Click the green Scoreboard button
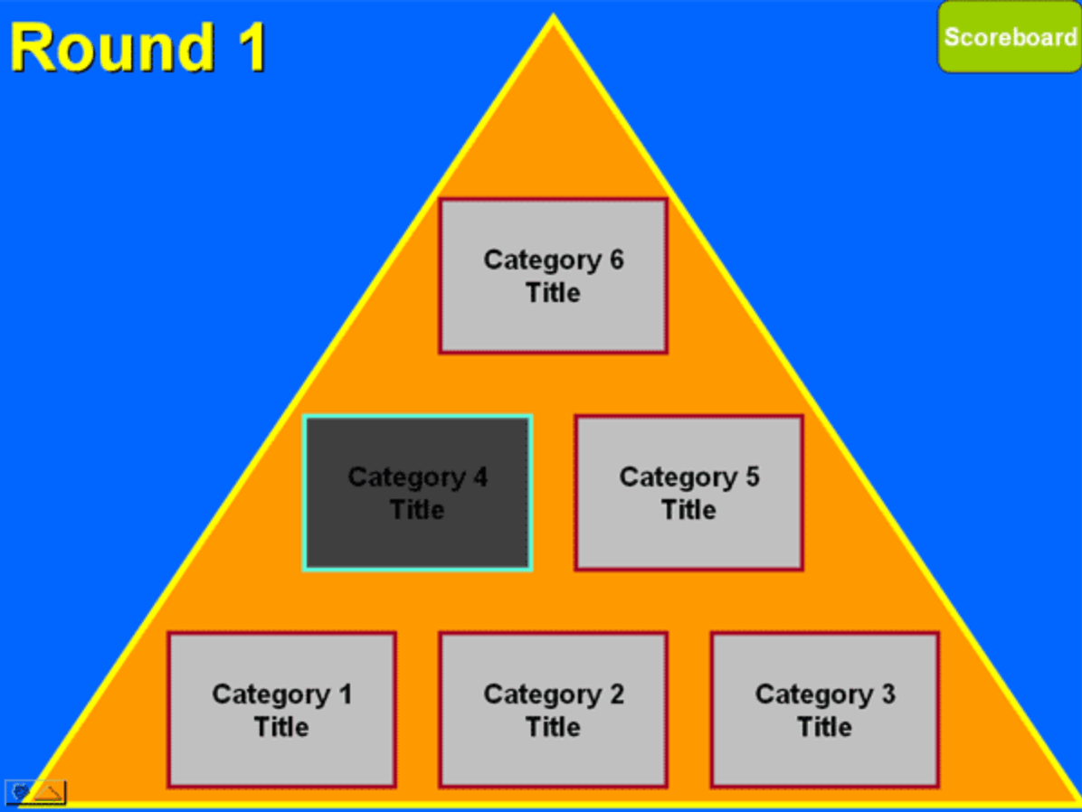tap(1009, 37)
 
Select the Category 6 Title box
tap(553, 276)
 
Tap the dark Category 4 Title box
tap(417, 493)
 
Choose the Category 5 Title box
tap(688, 493)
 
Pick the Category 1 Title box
tap(281, 710)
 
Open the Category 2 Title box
tap(553, 710)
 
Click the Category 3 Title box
tap(824, 710)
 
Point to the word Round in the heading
tap(100, 47)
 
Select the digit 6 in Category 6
tap(615, 260)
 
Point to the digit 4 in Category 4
tap(479, 477)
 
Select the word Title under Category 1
tap(281, 727)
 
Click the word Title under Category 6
tap(553, 293)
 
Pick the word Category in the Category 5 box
tap(673, 477)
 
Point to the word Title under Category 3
tap(824, 727)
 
